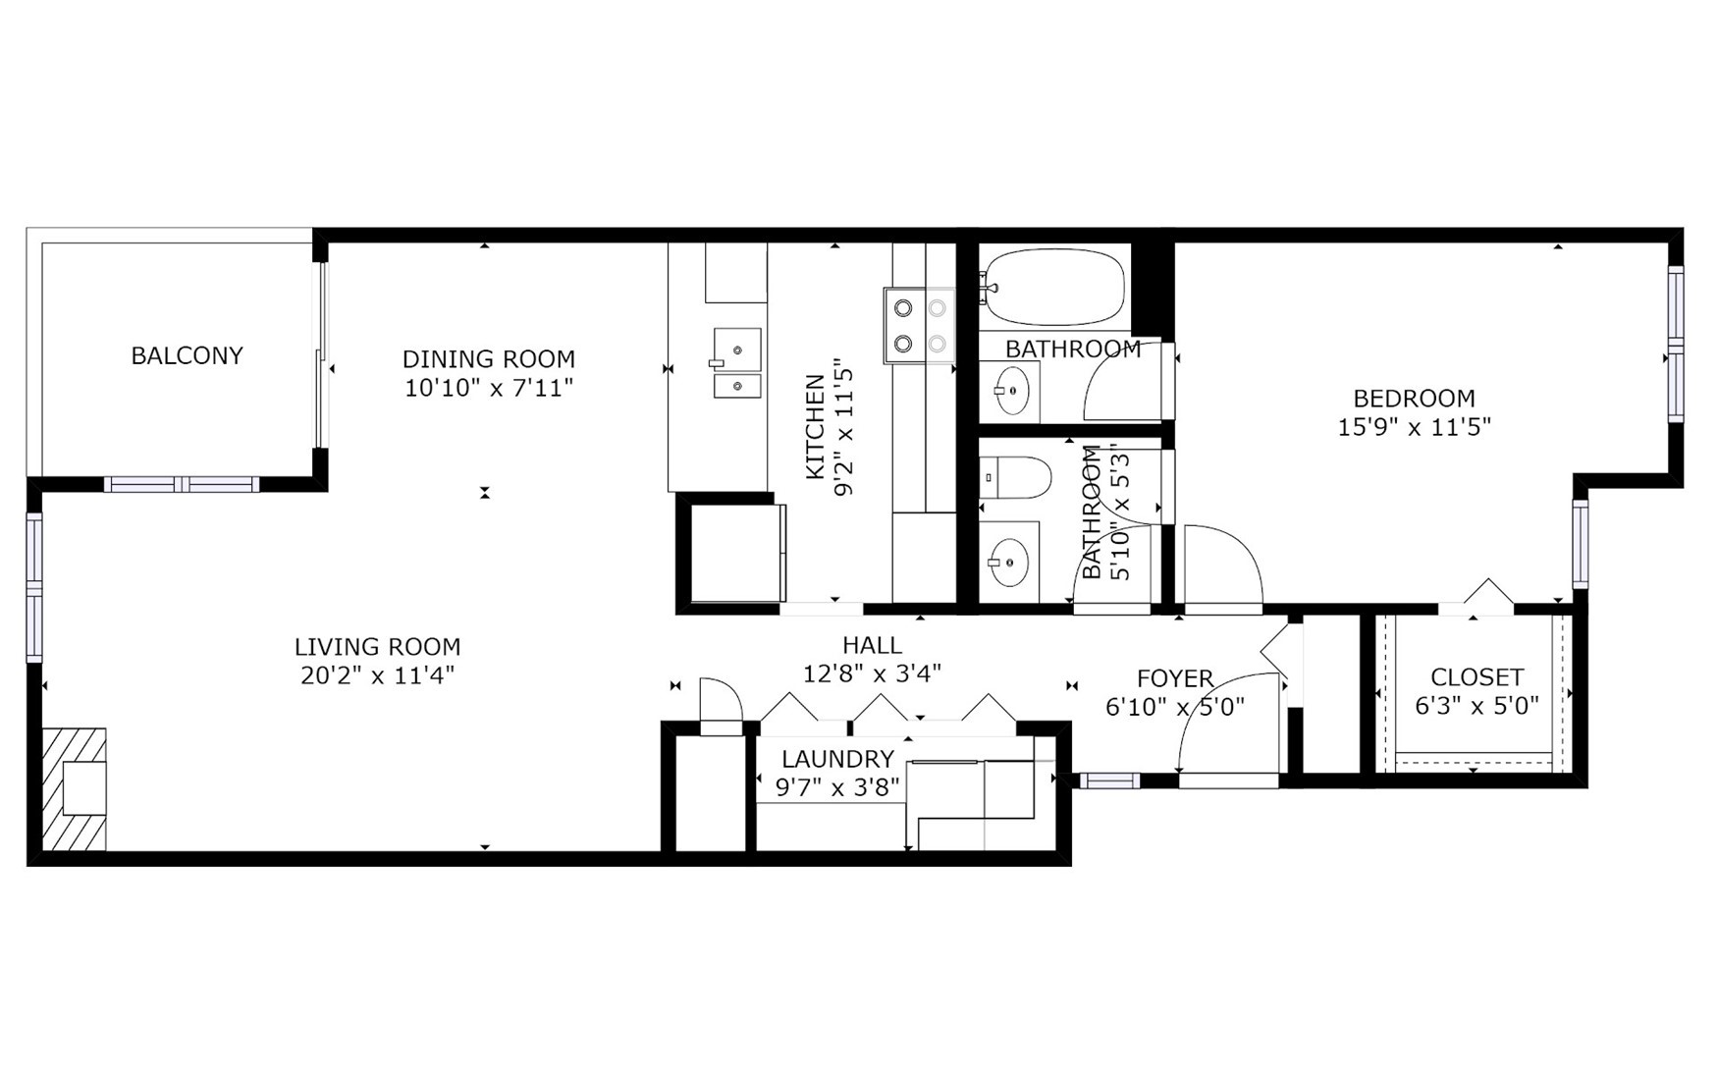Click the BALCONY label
click(187, 355)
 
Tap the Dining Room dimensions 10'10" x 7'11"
click(489, 388)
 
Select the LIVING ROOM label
click(378, 647)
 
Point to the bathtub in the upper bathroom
click(1055, 287)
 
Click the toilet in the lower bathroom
click(1016, 477)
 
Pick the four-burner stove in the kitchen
click(919, 325)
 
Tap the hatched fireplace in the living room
click(74, 789)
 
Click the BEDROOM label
click(1414, 399)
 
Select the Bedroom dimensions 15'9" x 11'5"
click(1414, 427)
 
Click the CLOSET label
click(1476, 677)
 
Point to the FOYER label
click(1175, 678)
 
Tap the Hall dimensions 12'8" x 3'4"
click(872, 673)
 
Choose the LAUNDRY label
click(837, 759)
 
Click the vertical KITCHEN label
click(815, 427)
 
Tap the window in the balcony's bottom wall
click(182, 484)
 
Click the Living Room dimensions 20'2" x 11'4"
click(378, 675)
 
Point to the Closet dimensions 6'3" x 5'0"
click(1476, 706)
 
